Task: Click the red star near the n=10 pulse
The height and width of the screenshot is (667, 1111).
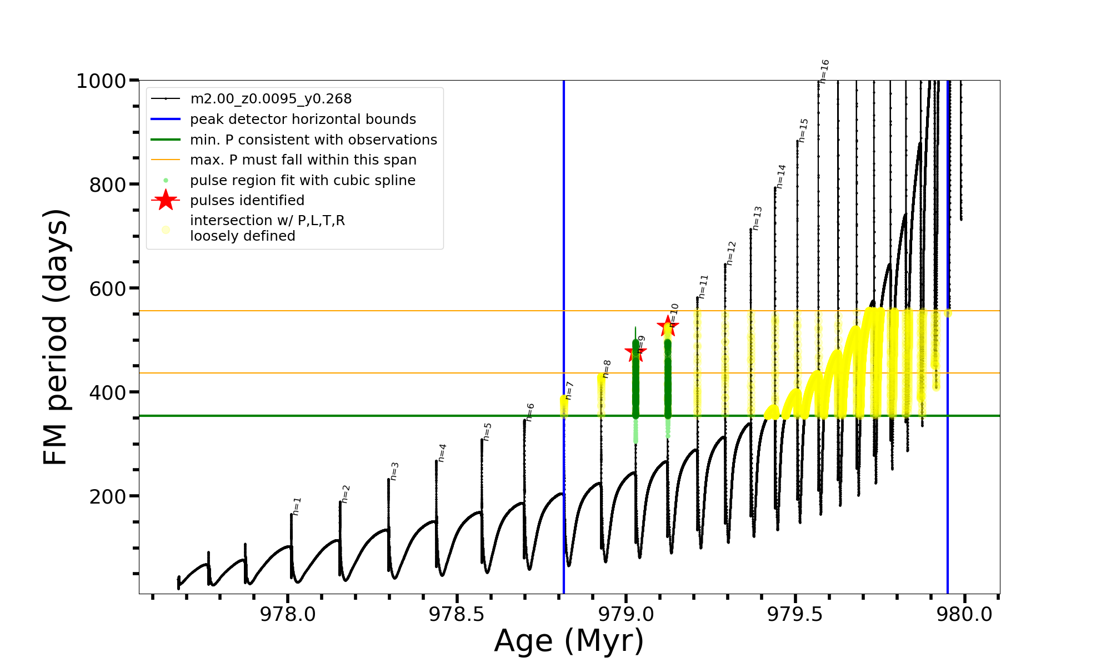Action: pos(667,326)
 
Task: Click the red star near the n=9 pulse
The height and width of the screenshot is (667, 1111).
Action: pos(635,351)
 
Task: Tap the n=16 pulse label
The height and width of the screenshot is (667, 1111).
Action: pos(824,71)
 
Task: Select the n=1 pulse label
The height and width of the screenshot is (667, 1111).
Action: pos(297,506)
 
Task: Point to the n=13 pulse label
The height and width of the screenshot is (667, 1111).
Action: pos(757,218)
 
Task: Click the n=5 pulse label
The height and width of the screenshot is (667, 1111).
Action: pos(487,432)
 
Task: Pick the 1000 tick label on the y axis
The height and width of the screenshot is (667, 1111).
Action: pos(101,81)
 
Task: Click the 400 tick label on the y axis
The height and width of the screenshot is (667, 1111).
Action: pos(108,392)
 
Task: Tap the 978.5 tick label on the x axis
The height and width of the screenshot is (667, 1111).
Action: pos(457,614)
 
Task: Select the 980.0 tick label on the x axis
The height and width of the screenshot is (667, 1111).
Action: pos(964,614)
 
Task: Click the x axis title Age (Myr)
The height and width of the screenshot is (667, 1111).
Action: pos(569,641)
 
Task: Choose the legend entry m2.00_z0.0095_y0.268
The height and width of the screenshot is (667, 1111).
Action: pos(271,99)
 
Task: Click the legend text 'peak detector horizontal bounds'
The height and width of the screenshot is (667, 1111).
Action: pos(303,120)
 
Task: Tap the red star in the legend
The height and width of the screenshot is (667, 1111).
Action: pos(166,200)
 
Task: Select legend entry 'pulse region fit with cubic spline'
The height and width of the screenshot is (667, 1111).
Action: pos(302,181)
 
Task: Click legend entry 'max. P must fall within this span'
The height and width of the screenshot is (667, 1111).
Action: pos(303,160)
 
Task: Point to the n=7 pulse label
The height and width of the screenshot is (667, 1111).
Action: pos(569,390)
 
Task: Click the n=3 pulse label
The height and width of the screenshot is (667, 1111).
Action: pos(394,471)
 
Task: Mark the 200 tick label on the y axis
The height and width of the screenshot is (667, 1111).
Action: pos(108,496)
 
